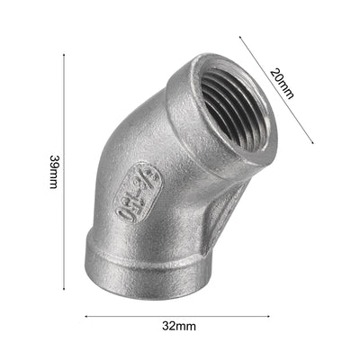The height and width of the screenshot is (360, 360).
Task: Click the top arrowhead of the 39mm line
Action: coord(64,56)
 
